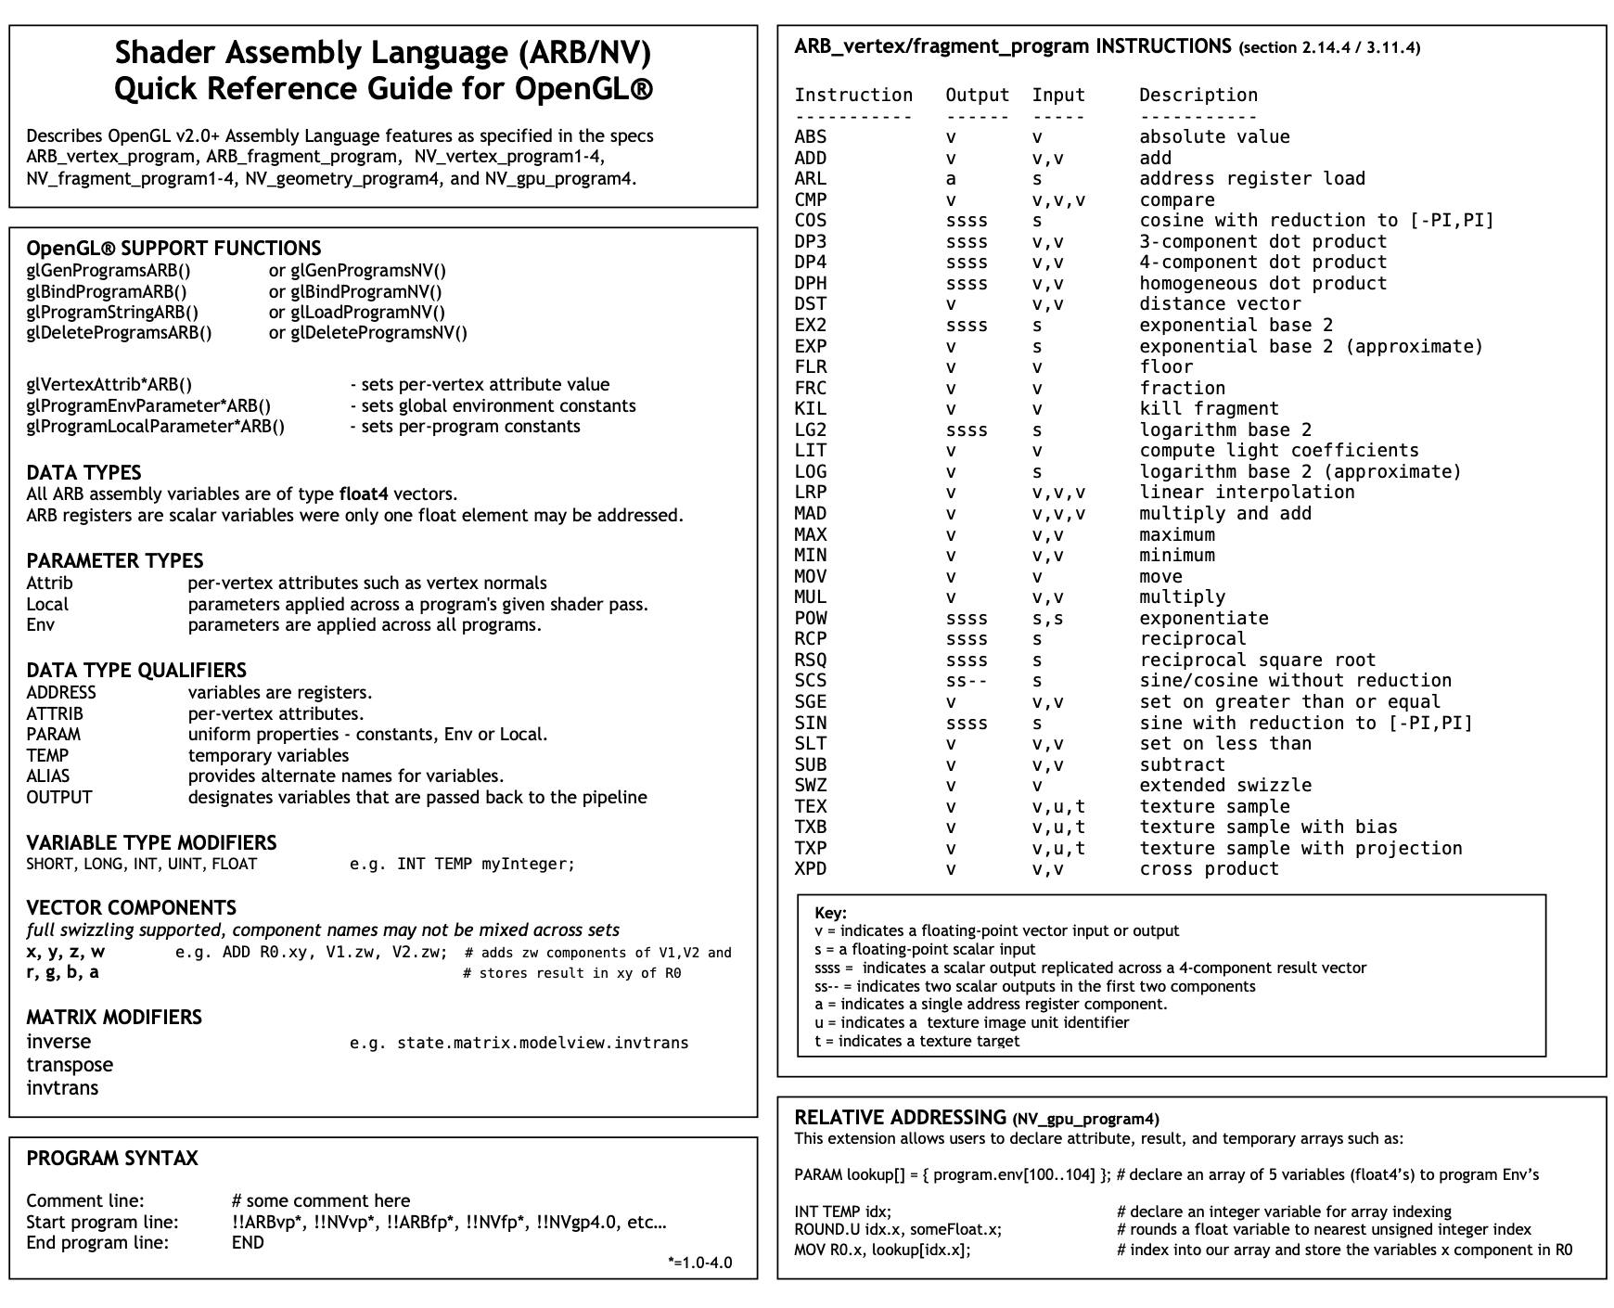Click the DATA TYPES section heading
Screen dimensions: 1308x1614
point(83,472)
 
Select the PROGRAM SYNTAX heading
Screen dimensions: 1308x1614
point(112,1159)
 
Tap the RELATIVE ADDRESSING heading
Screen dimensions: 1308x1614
point(900,1118)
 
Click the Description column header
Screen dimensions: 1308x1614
point(1198,95)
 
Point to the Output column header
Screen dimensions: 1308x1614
point(977,95)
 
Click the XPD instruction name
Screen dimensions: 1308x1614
point(810,869)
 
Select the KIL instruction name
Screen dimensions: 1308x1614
point(810,409)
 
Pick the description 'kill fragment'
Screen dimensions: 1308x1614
point(1209,409)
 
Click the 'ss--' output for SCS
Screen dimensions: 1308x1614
point(967,681)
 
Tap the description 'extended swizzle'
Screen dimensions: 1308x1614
point(1225,786)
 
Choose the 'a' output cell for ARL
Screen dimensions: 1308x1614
point(951,179)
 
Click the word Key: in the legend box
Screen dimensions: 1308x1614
point(830,913)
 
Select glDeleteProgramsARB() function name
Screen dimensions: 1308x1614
point(119,333)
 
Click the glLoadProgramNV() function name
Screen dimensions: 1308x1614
point(367,313)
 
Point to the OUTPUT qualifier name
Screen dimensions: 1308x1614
point(59,798)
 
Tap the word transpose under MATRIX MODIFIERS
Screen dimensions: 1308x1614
point(70,1065)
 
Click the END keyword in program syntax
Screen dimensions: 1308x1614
point(248,1243)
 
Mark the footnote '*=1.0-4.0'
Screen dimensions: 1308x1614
point(699,1263)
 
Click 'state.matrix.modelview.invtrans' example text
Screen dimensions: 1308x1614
point(543,1043)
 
